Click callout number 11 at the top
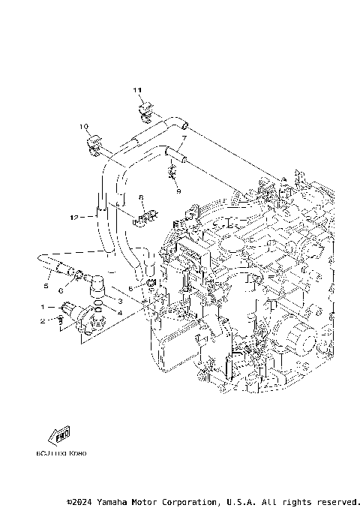pyautogui.click(x=138, y=91)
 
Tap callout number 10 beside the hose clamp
pyautogui.click(x=83, y=126)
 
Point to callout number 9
pyautogui.click(x=178, y=191)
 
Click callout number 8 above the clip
pyautogui.click(x=140, y=197)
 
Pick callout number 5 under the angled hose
pyautogui.click(x=46, y=286)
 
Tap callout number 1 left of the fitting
pyautogui.click(x=43, y=307)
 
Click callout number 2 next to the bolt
pyautogui.click(x=43, y=321)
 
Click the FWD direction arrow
pyautogui.click(x=59, y=436)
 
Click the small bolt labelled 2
pyautogui.click(x=60, y=322)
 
